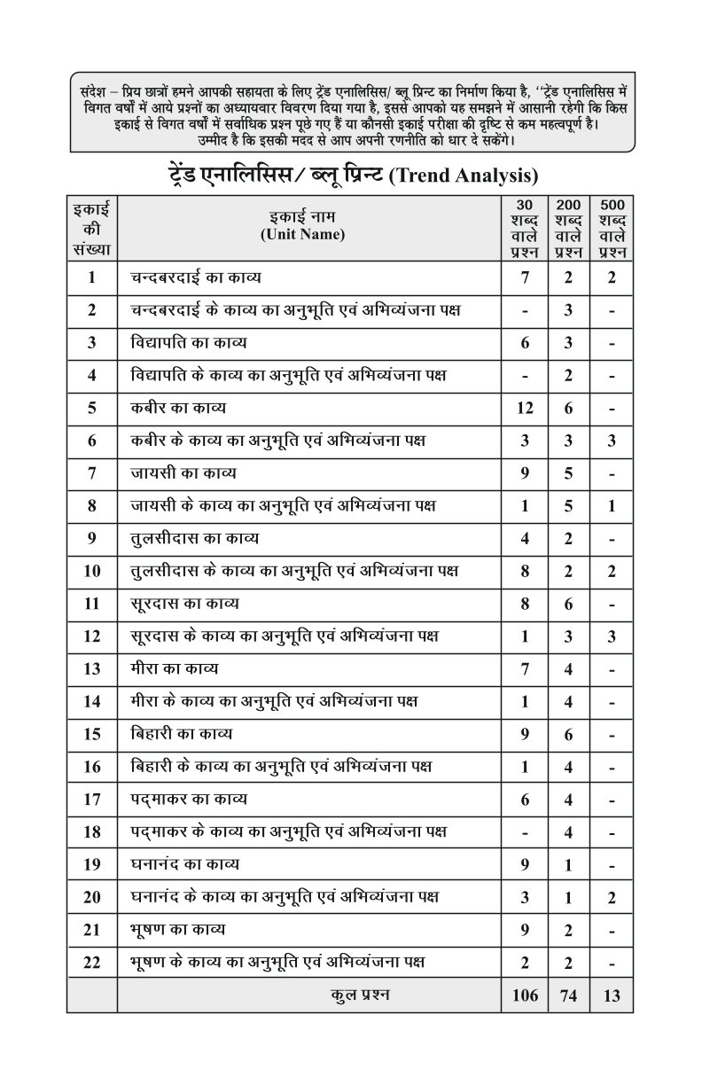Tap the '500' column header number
tap(612, 204)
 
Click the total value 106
tap(525, 995)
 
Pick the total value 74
tap(568, 995)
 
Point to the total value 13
tap(612, 995)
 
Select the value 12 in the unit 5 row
tap(525, 409)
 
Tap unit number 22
tap(92, 962)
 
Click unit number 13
tap(92, 668)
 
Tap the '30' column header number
tap(525, 204)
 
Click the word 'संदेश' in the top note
tap(93, 91)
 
